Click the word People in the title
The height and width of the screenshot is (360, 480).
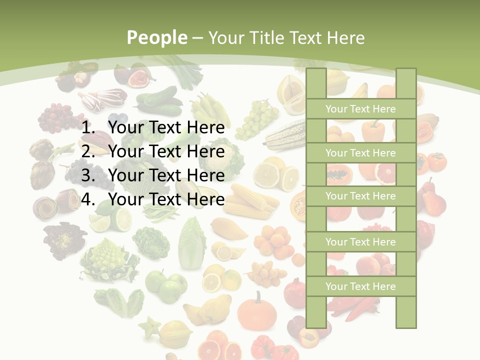point(156,37)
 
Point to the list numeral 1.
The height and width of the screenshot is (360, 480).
point(88,128)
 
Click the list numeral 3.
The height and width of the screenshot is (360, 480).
point(88,175)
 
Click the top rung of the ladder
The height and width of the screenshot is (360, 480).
point(360,109)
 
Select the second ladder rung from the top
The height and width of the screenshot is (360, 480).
point(360,153)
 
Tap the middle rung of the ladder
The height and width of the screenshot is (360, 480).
point(360,196)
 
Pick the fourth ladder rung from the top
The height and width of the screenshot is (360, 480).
point(360,242)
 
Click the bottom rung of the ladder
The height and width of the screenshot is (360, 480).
point(360,286)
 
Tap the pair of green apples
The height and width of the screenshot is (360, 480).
point(165,285)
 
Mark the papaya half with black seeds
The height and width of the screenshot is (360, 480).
point(339,175)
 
